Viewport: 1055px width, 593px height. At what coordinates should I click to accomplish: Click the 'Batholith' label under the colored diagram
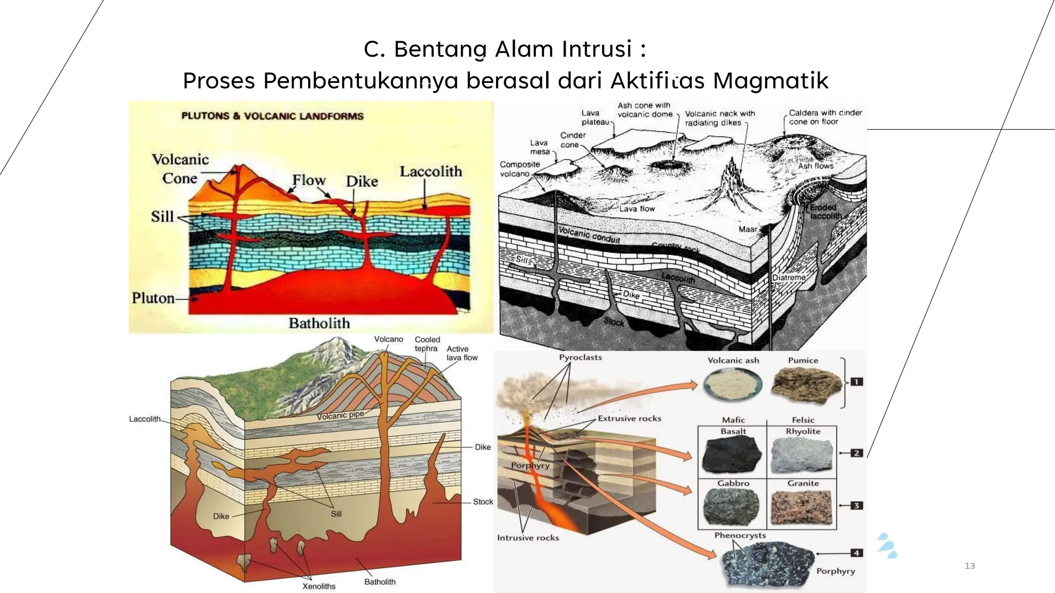click(319, 323)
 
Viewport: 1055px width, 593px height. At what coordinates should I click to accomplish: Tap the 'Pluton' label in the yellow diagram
click(153, 298)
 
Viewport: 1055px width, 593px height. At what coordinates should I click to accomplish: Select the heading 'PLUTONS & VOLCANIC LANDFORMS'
click(272, 116)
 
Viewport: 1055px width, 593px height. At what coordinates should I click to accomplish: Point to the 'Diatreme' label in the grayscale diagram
click(789, 277)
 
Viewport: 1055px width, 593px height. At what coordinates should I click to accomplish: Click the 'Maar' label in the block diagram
click(748, 229)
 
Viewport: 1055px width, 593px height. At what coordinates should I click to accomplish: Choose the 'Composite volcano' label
click(519, 169)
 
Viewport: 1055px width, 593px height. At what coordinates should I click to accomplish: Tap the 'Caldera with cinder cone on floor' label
click(825, 117)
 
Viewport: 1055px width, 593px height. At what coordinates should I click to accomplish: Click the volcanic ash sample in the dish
click(733, 385)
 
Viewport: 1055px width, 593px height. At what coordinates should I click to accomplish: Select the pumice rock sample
click(806, 385)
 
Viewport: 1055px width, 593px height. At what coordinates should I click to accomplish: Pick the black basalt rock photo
click(732, 455)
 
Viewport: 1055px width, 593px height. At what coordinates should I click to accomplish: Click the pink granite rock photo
click(802, 507)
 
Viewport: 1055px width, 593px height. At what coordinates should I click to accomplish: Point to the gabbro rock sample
click(731, 507)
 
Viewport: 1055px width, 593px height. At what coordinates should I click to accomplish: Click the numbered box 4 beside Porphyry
click(856, 553)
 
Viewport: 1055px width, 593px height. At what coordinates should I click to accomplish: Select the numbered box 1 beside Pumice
click(856, 382)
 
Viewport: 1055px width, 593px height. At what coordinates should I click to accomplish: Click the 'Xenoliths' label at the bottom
click(319, 586)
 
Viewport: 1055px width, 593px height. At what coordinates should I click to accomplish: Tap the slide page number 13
click(969, 566)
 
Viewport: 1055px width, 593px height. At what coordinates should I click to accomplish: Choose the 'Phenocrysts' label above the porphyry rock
click(740, 535)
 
